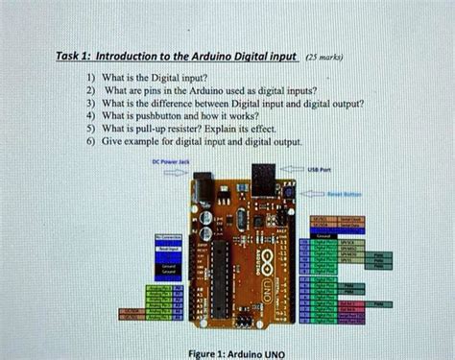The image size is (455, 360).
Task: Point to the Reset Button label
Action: tap(339, 192)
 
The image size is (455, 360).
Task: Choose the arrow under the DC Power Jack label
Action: tap(170, 173)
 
